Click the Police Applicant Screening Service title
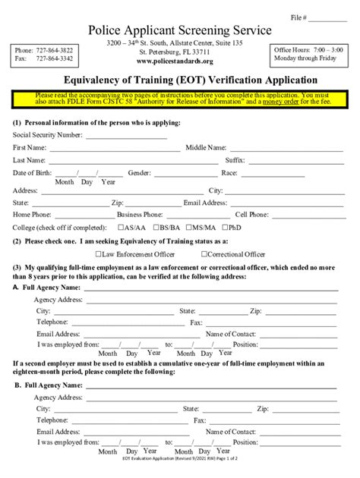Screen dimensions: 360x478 178,30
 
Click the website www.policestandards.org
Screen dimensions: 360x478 178,61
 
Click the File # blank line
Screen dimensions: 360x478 327,16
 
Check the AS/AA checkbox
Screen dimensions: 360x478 122,227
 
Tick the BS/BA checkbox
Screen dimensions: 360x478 155,227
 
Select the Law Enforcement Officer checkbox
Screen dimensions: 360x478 99,254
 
